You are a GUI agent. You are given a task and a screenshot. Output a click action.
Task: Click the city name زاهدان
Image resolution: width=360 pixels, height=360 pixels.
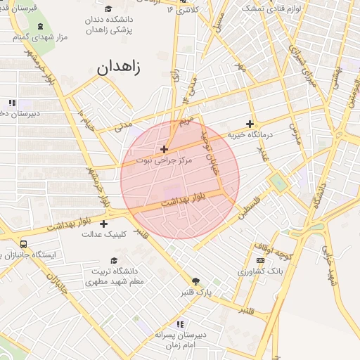click(119, 68)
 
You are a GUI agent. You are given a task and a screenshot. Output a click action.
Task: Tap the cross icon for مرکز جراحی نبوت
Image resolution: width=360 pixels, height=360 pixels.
click(164, 149)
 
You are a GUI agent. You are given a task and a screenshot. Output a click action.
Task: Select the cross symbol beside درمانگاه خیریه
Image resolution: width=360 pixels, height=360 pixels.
click(249, 124)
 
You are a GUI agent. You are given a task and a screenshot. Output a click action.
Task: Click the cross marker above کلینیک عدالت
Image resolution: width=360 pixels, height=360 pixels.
click(104, 224)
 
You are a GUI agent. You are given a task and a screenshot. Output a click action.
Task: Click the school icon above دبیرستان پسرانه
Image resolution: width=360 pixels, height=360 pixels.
click(181, 324)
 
